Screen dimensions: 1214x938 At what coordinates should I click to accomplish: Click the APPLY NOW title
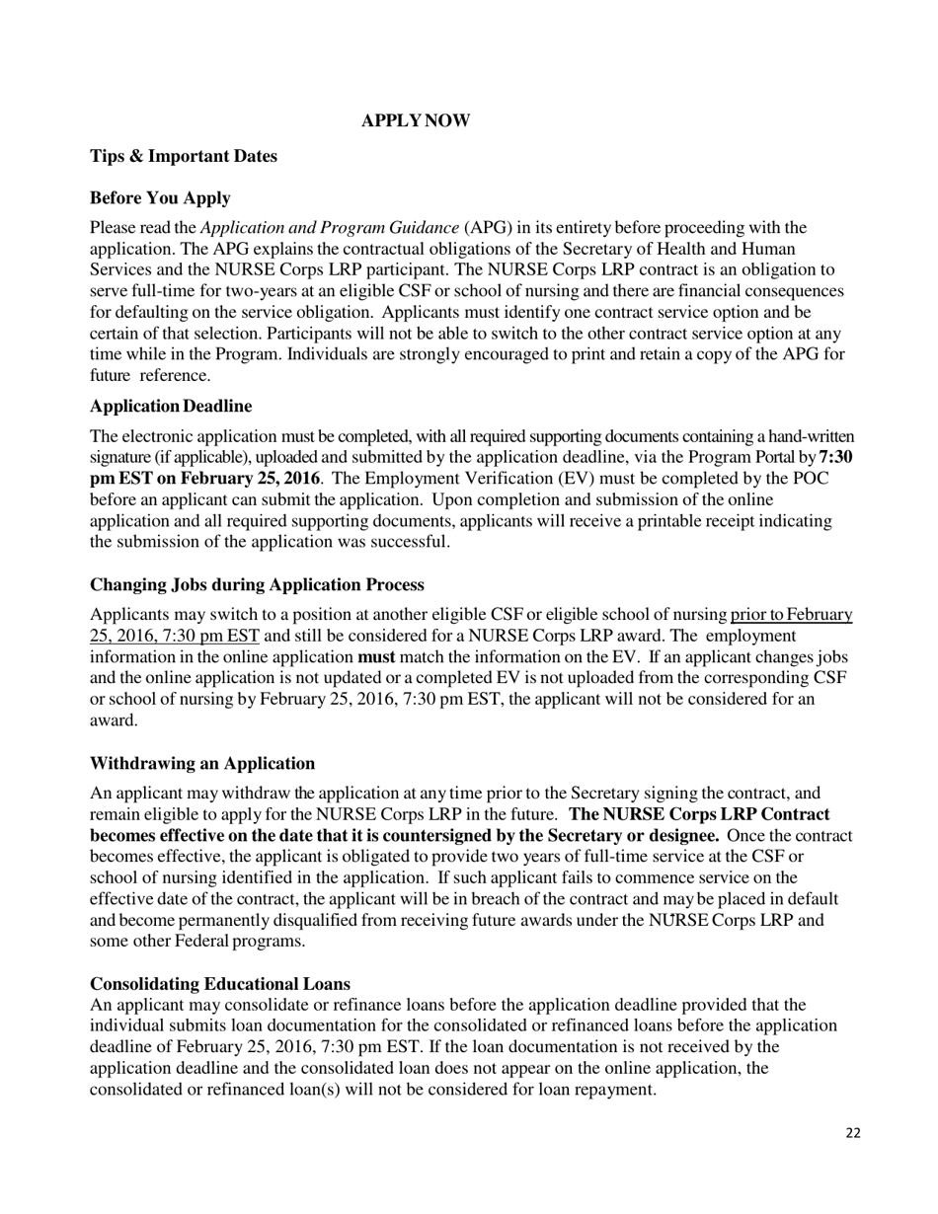click(x=416, y=120)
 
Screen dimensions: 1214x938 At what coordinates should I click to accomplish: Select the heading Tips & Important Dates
click(x=184, y=156)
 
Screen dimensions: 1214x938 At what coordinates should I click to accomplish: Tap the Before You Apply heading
click(x=160, y=197)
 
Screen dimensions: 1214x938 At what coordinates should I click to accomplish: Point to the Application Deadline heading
click(x=171, y=407)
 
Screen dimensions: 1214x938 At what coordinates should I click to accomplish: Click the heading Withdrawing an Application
click(x=202, y=763)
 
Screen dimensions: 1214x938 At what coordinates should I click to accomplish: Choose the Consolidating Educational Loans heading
click(x=219, y=984)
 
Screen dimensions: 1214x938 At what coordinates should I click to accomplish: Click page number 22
click(x=853, y=1132)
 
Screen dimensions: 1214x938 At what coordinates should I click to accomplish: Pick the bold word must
click(x=376, y=656)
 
